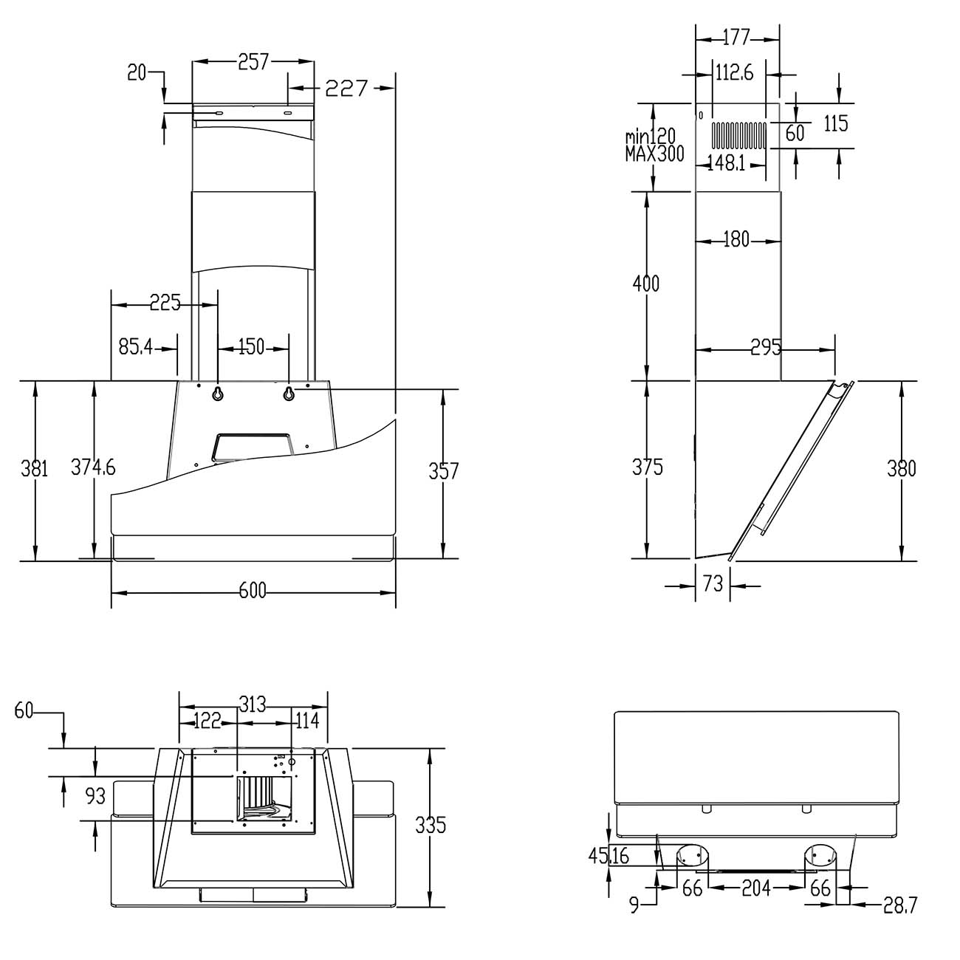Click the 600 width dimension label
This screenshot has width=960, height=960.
253,592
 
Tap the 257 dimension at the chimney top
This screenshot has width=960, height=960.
253,62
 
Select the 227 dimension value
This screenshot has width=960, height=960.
346,89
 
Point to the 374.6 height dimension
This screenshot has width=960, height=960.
93,467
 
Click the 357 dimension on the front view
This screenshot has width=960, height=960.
443,471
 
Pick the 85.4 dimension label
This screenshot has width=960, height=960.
136,346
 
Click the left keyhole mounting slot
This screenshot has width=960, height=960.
218,394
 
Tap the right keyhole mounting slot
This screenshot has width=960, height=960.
289,394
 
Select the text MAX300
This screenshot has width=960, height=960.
654,154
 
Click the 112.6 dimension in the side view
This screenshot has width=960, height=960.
734,73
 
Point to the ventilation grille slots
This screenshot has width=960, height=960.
738,136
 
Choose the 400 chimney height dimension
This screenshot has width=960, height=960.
645,284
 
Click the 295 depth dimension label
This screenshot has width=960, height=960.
767,347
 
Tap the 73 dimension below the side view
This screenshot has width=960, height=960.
713,583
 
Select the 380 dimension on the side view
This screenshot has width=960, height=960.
901,468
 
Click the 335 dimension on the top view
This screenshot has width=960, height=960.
431,826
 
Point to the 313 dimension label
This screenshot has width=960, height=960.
253,704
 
